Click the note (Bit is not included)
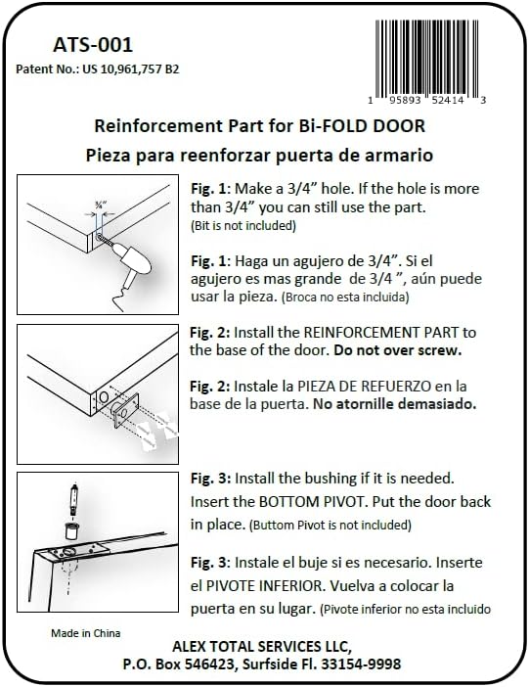tap(243, 225)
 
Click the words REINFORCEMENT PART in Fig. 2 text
tap(382, 332)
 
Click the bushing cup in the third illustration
tap(69, 531)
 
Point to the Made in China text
tap(86, 633)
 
